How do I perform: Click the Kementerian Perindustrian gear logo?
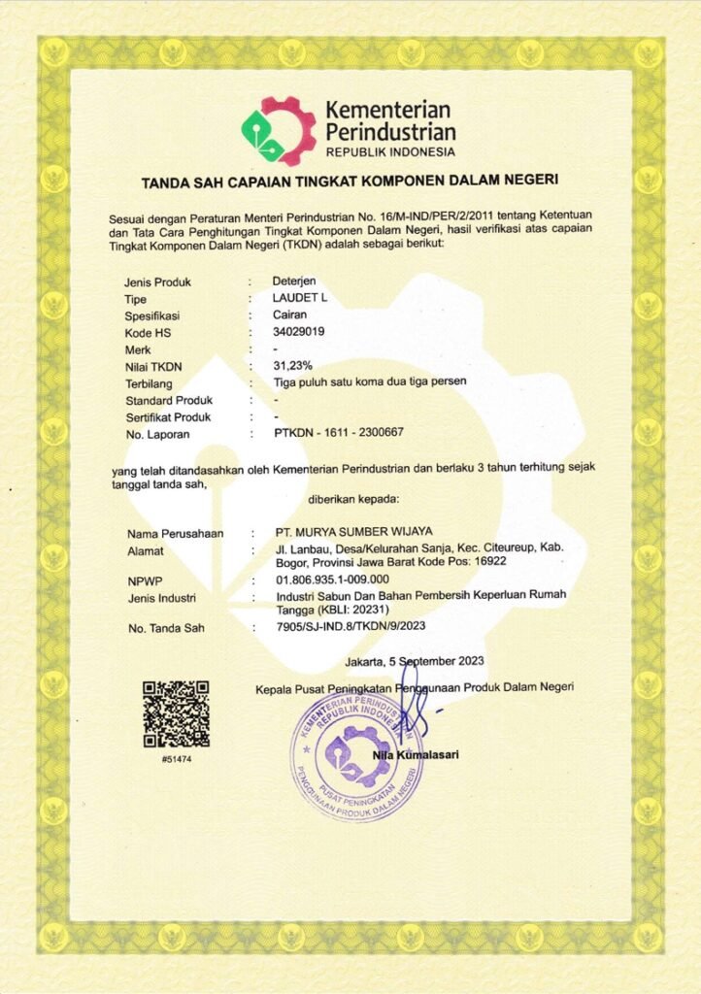click(x=279, y=130)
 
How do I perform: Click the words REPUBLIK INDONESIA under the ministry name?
click(x=390, y=153)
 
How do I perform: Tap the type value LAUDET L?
click(x=301, y=299)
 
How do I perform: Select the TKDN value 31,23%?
click(x=296, y=365)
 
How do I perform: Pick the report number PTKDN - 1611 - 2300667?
click(x=340, y=433)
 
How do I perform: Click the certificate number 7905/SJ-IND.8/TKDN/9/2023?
click(x=351, y=627)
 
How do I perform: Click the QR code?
click(x=176, y=713)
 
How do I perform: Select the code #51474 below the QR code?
click(x=176, y=758)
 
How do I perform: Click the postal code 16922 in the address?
click(x=487, y=563)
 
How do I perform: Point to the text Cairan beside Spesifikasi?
click(x=292, y=315)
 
